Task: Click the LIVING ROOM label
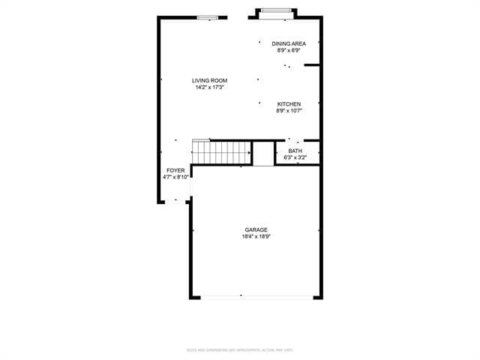point(209,81)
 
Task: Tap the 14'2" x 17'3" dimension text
point(209,88)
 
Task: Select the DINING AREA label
point(289,44)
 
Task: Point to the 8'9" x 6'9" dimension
point(289,51)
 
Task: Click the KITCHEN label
point(289,104)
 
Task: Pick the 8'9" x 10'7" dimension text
point(289,111)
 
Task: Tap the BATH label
point(295,151)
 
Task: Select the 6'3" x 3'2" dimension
point(295,157)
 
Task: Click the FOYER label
point(175,170)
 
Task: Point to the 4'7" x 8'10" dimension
point(176,177)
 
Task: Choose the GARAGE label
point(256,229)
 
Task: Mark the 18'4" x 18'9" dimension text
point(256,236)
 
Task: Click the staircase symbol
point(222,152)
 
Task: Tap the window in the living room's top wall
point(208,18)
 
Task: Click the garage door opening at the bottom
point(256,297)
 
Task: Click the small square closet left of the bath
point(263,153)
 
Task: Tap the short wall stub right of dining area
point(313,65)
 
